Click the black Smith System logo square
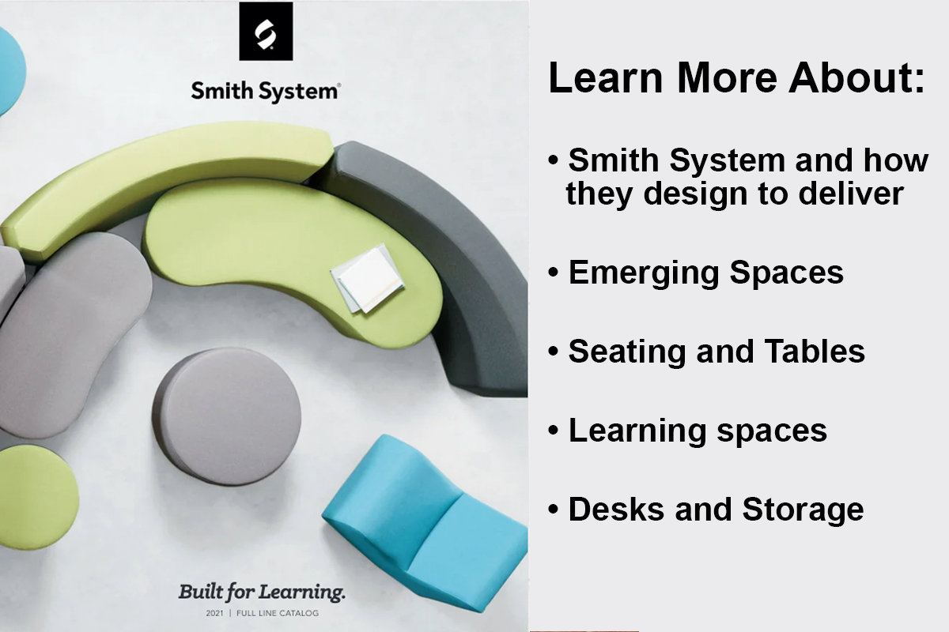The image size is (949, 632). pyautogui.click(x=266, y=32)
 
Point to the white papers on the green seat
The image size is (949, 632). pyautogui.click(x=366, y=278)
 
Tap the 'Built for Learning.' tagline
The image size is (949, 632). pyautogui.click(x=262, y=591)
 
